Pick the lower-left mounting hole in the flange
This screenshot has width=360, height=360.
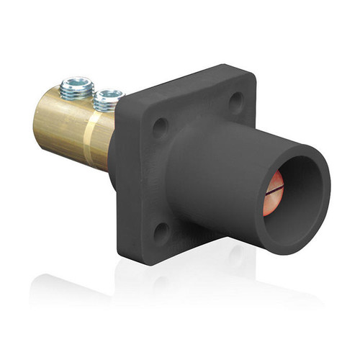pyautogui.click(x=161, y=230)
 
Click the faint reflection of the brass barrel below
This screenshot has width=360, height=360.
pyautogui.click(x=72, y=284)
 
